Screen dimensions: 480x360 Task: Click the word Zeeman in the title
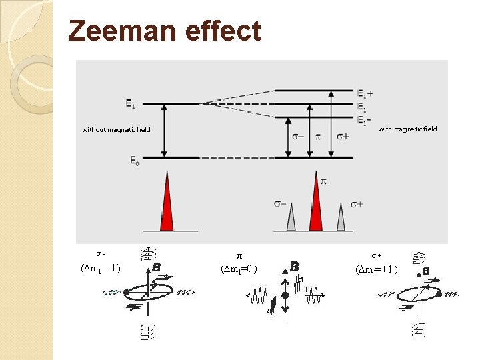tap(117, 31)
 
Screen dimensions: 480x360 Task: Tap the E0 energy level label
tap(135, 161)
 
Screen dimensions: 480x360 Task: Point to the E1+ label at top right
tap(365, 93)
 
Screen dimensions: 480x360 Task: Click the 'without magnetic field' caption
tap(117, 129)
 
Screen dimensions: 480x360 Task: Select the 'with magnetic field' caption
tap(407, 129)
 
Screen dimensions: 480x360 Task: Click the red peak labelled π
tap(316, 203)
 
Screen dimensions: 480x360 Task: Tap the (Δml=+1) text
tap(378, 269)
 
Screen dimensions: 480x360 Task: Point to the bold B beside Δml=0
tap(294, 266)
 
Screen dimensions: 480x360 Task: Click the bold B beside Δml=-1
tap(156, 267)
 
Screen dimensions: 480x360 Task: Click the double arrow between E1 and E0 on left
tap(166, 131)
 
